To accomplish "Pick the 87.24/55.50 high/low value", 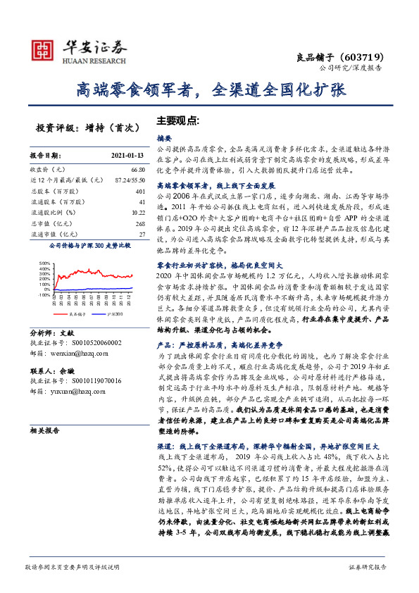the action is pyautogui.click(x=127, y=180).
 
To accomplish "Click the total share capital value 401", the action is pyautogui.click(x=139, y=191).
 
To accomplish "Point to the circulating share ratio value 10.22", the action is pyautogui.click(x=137, y=212).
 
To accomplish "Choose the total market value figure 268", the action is pyautogui.click(x=139, y=223).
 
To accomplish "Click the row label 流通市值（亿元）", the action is pyautogui.click(x=54, y=233).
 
